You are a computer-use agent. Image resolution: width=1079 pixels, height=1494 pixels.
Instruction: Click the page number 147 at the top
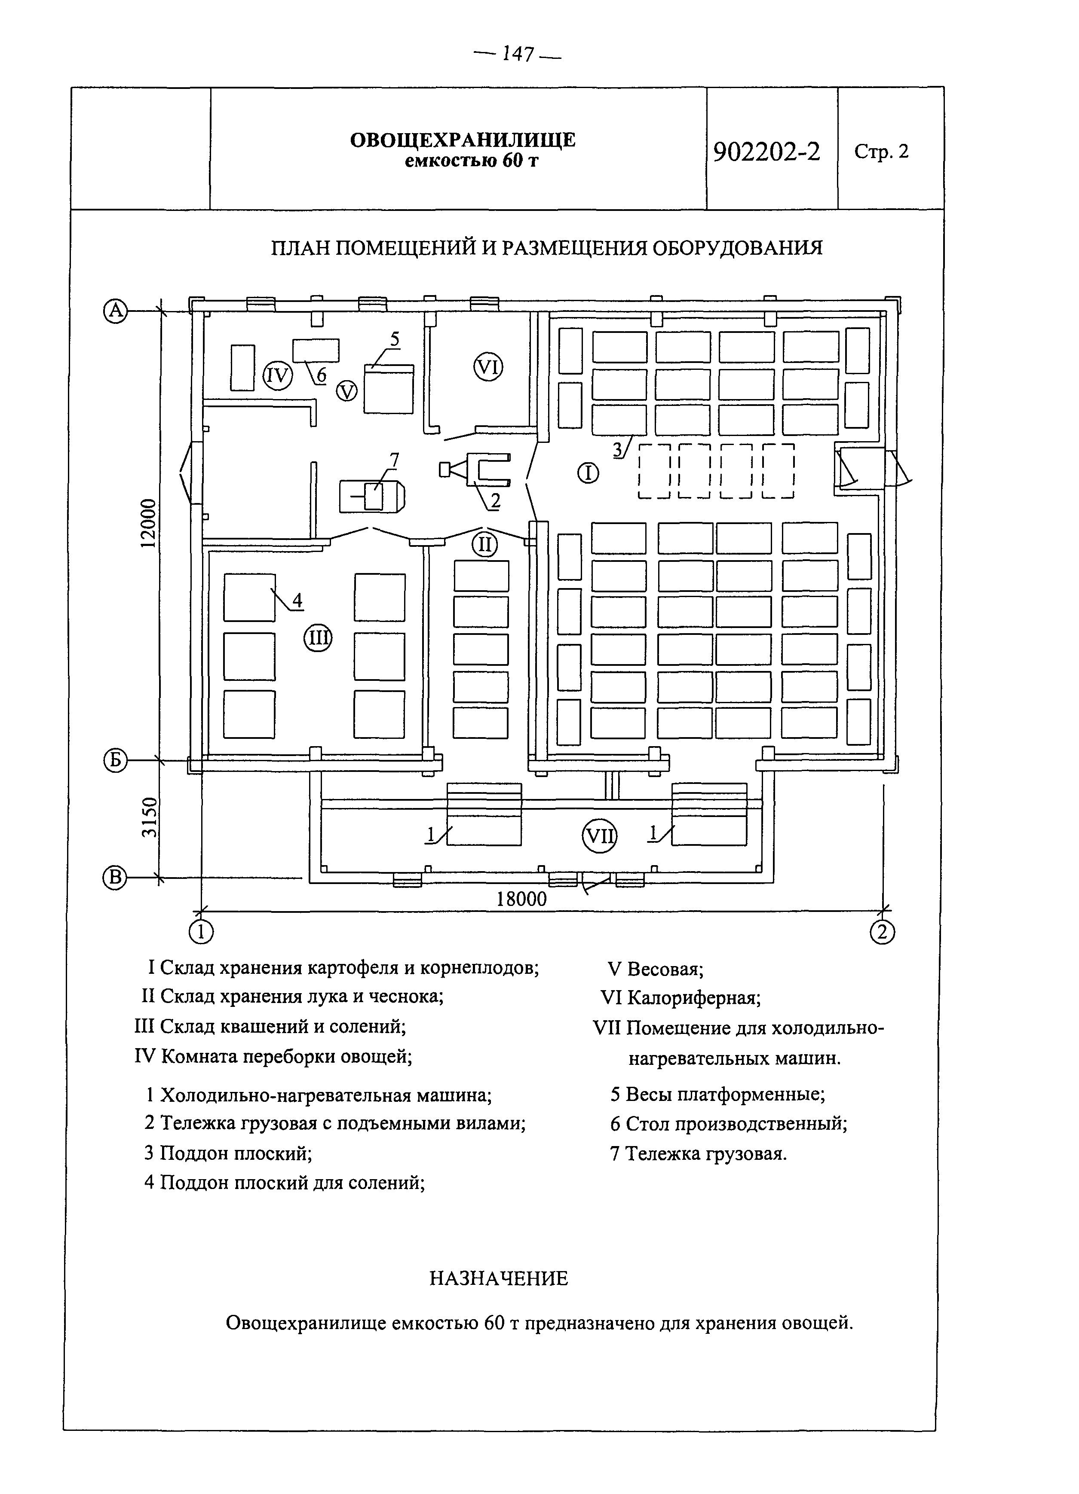click(x=518, y=55)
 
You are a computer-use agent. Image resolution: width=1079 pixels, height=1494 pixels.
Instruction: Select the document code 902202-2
click(x=766, y=152)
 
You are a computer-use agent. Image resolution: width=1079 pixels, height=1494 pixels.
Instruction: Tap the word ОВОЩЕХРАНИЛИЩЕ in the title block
click(x=463, y=140)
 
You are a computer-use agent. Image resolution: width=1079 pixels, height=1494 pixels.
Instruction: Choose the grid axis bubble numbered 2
click(x=883, y=931)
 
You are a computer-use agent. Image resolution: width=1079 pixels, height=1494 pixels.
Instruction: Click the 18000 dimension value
click(x=522, y=899)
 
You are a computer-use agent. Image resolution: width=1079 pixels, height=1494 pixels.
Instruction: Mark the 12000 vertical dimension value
click(x=149, y=523)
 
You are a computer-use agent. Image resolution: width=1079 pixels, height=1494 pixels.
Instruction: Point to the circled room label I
click(x=588, y=473)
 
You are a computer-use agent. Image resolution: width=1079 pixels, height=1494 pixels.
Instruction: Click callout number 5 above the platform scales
click(x=394, y=339)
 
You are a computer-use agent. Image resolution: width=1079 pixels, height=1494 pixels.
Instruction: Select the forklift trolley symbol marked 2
click(x=476, y=469)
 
